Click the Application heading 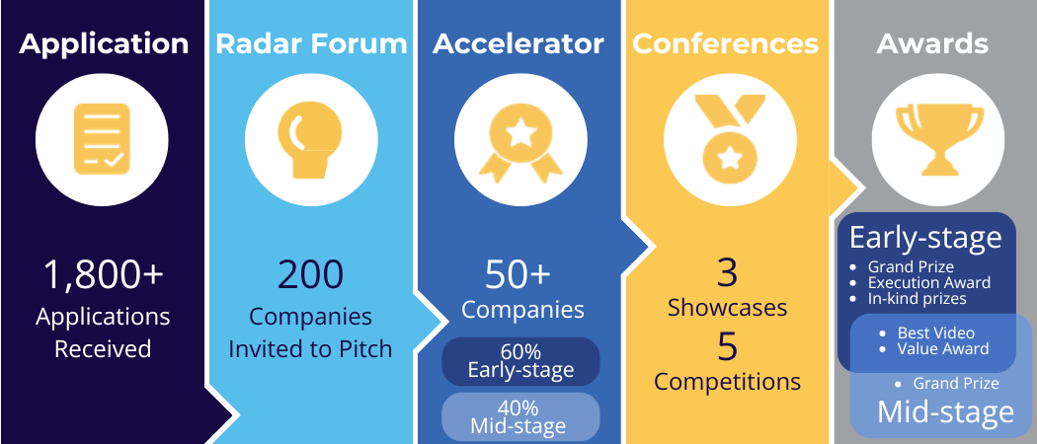click(x=104, y=44)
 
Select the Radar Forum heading click(x=310, y=44)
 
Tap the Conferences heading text click(x=725, y=44)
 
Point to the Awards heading click(x=932, y=44)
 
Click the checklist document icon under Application click(x=103, y=139)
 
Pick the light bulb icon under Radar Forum click(x=310, y=139)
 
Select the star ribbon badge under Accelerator click(x=518, y=139)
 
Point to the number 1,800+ click(x=103, y=276)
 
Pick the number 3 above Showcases click(x=727, y=272)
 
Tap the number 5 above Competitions click(x=727, y=346)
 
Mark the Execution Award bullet click(x=928, y=283)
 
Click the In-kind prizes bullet click(x=917, y=299)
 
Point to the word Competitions click(x=727, y=381)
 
